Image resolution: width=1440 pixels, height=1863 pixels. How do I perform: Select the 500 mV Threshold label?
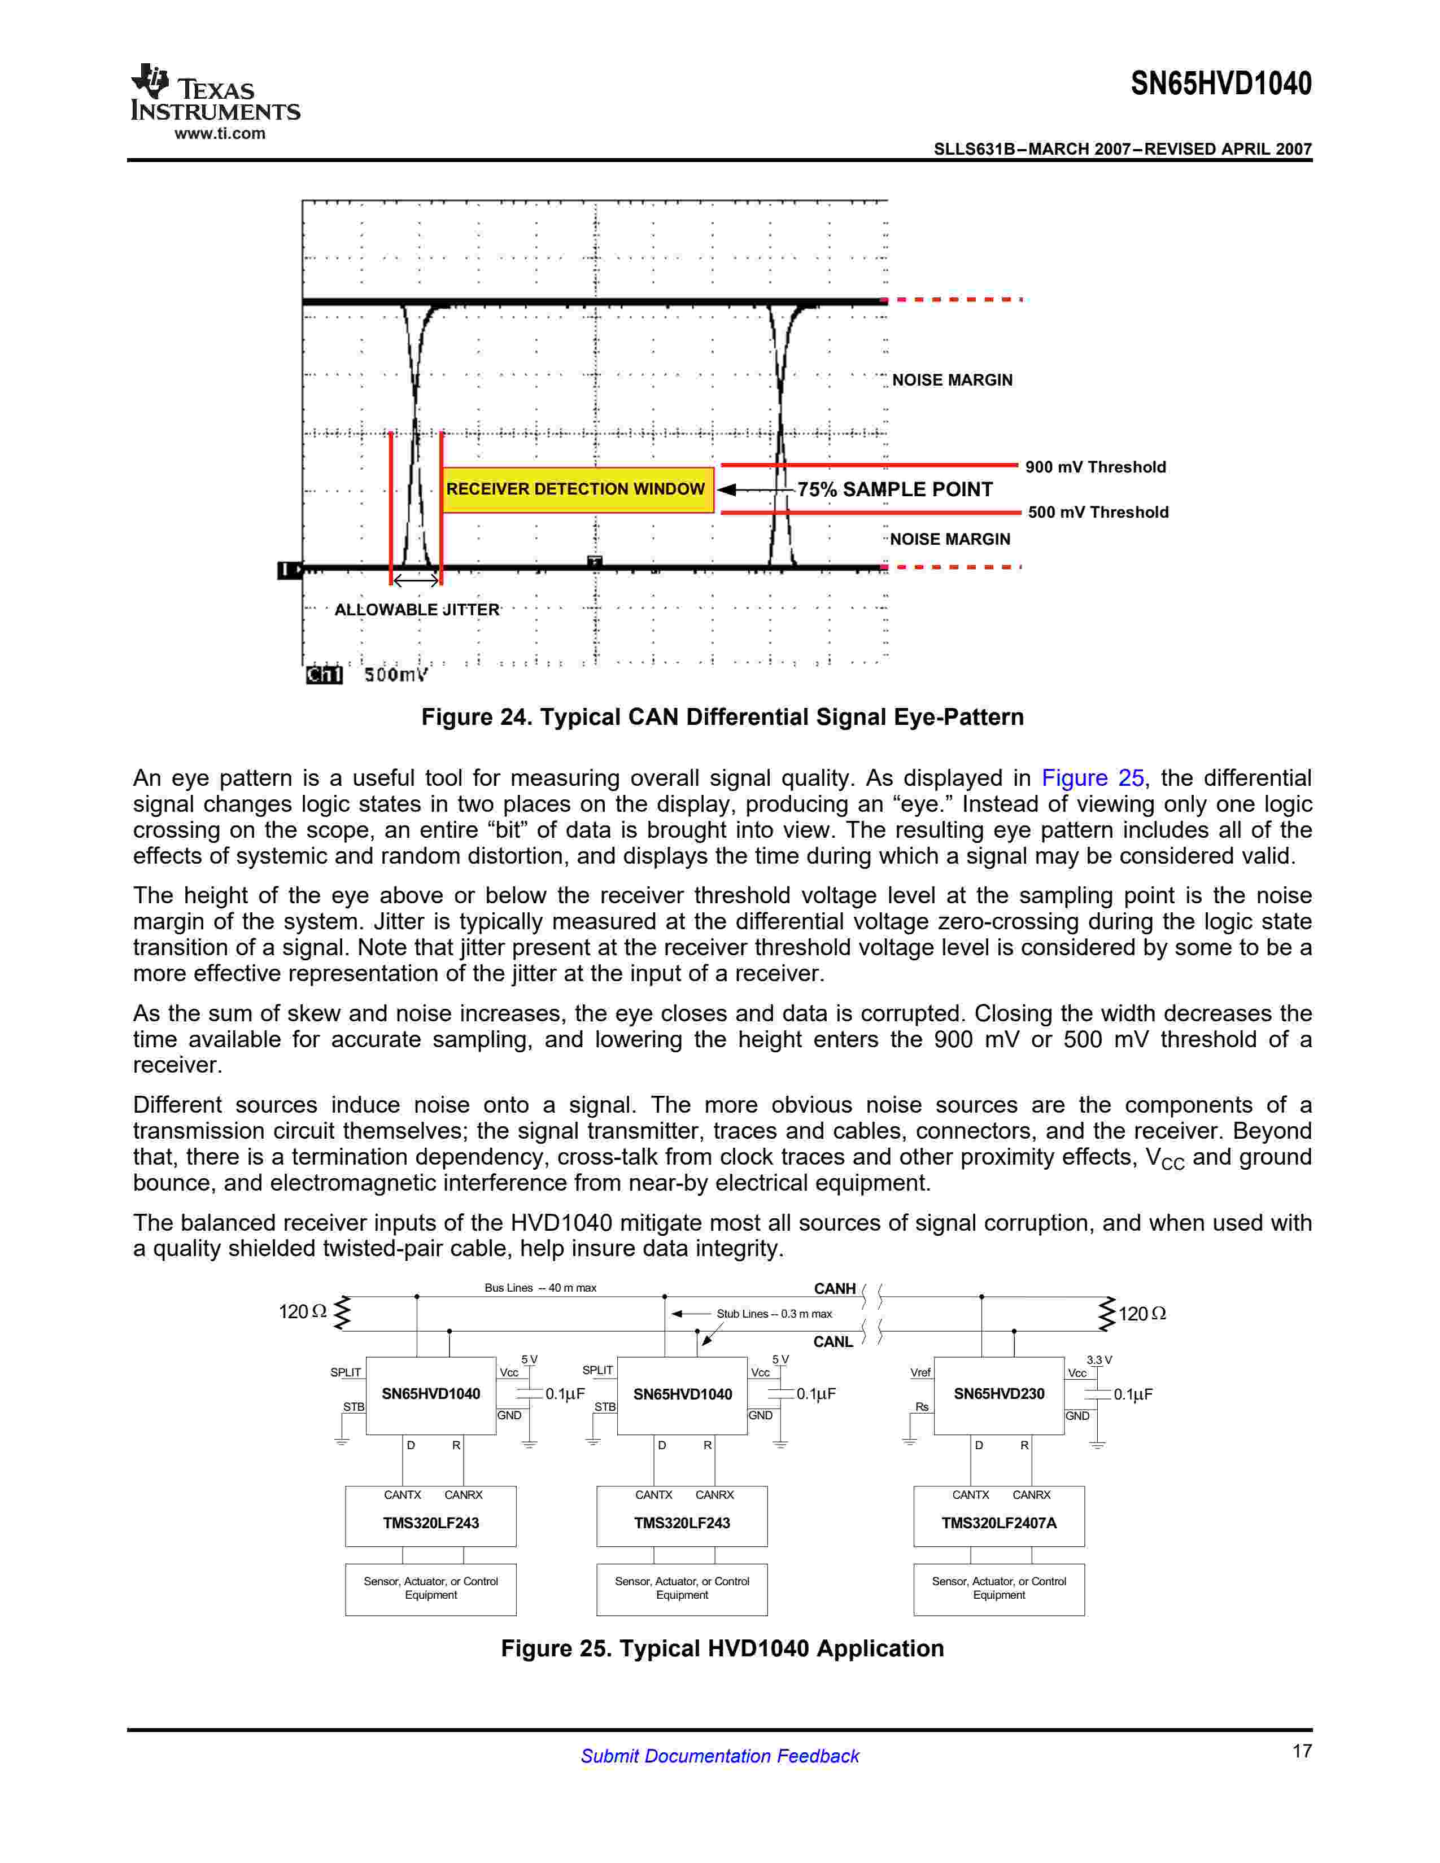click(1097, 513)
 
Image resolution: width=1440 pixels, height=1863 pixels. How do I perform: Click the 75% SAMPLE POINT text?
click(895, 489)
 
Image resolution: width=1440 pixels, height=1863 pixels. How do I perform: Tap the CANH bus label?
click(834, 1289)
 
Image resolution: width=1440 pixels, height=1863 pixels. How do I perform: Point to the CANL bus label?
click(832, 1342)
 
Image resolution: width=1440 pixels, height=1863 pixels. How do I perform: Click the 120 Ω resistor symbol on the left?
click(342, 1313)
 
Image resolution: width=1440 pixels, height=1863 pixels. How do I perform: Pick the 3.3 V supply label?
click(1099, 1360)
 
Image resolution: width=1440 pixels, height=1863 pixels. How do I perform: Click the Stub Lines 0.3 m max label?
click(774, 1314)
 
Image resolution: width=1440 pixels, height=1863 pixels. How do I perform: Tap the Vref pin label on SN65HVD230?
click(920, 1372)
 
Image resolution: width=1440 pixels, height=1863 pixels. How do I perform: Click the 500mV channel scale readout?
click(395, 675)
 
